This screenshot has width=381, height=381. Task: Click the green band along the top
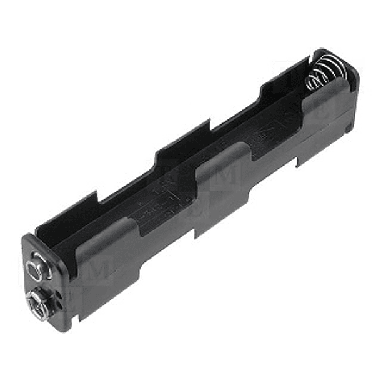pos(190,23)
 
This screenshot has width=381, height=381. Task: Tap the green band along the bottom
pos(190,357)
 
